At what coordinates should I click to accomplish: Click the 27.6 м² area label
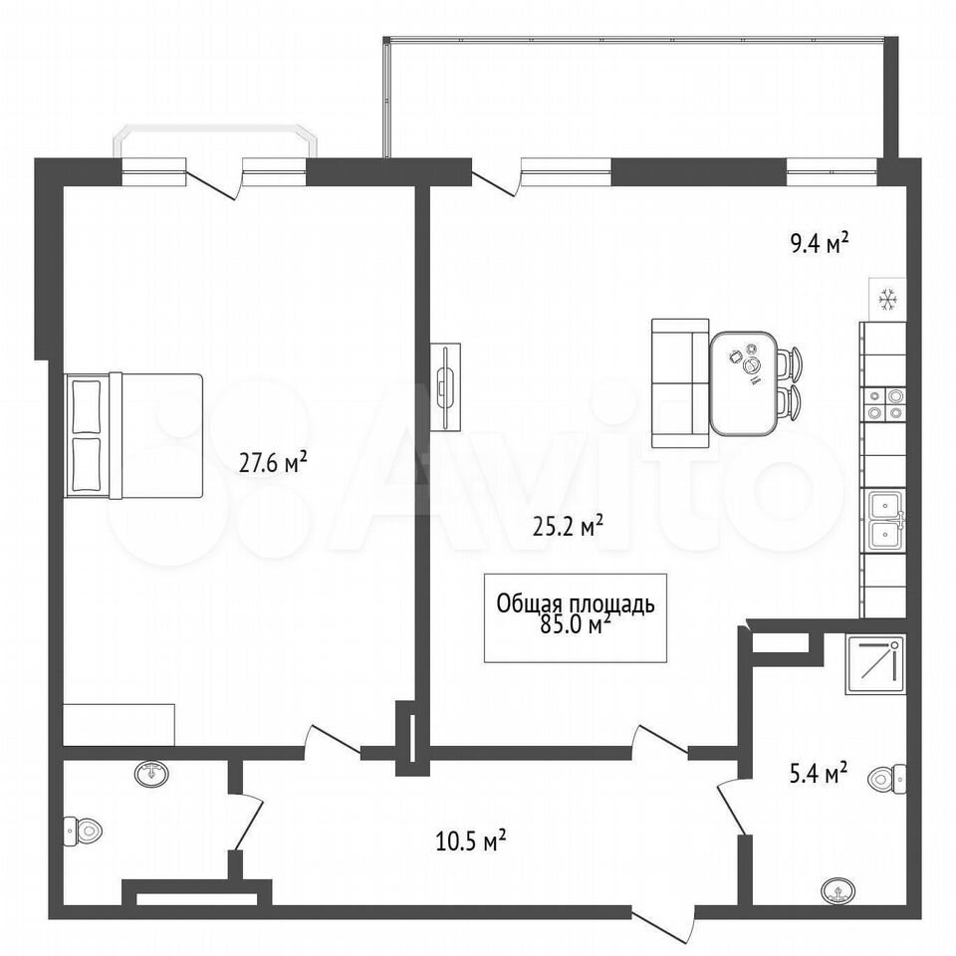pyautogui.click(x=273, y=462)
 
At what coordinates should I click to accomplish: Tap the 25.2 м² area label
pyautogui.click(x=568, y=525)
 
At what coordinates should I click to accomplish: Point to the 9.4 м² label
pyautogui.click(x=820, y=243)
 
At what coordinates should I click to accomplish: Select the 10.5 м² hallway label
pyautogui.click(x=471, y=840)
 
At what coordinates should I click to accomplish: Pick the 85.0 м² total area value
pyautogui.click(x=575, y=624)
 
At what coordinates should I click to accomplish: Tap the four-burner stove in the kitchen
pyautogui.click(x=884, y=404)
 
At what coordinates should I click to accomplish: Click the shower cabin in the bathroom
pyautogui.click(x=875, y=664)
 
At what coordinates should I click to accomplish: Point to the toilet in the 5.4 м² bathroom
pyautogui.click(x=886, y=778)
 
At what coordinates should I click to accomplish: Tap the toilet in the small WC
pyautogui.click(x=83, y=830)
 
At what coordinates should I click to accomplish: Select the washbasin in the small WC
pyautogui.click(x=151, y=774)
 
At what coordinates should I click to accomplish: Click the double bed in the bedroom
pyautogui.click(x=133, y=435)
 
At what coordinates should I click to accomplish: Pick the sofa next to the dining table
pyautogui.click(x=681, y=382)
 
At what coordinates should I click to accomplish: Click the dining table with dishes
pyautogui.click(x=744, y=383)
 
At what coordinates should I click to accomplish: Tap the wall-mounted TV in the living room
pyautogui.click(x=446, y=387)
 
